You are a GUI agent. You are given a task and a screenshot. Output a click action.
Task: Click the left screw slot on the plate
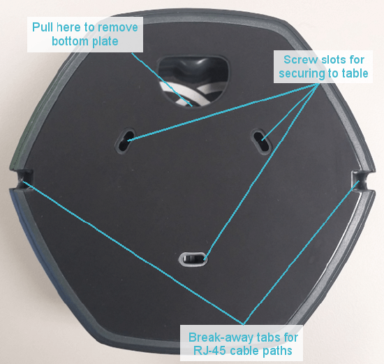[x=125, y=140]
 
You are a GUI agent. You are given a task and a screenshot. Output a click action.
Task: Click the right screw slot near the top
[x=261, y=141]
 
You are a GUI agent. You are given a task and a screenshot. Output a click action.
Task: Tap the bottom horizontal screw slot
[x=193, y=259]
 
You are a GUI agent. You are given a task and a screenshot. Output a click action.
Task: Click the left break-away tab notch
[x=24, y=179]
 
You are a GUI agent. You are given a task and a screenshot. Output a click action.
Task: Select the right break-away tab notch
[x=360, y=180]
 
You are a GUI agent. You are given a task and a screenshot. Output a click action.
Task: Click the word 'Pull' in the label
[x=43, y=27]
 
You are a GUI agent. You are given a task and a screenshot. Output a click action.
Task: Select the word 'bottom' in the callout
[x=67, y=41]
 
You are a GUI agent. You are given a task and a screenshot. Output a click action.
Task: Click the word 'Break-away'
[x=222, y=337]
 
